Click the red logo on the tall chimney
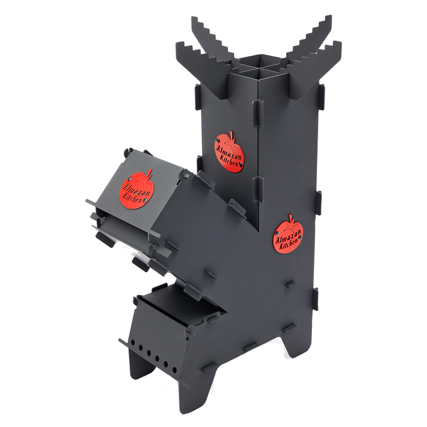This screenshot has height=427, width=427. point(230,152)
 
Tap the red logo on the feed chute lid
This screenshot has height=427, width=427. point(136,189)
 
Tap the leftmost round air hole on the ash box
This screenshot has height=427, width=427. point(132,341)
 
